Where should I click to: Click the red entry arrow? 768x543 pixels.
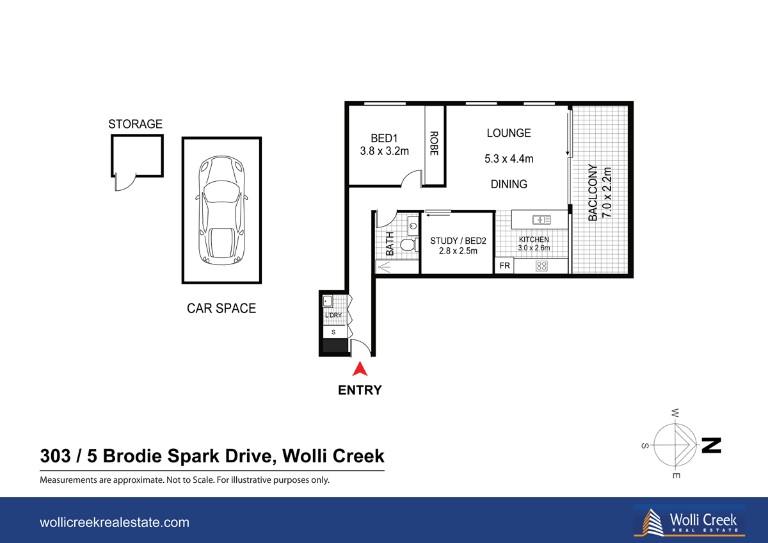pos(360,369)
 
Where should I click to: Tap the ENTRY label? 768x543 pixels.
pos(360,390)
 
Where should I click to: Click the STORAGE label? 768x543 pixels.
pos(135,124)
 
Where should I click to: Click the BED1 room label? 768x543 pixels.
pos(385,138)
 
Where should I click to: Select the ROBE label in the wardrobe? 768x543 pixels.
pos(434,144)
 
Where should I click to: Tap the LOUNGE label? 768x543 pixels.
pos(509,133)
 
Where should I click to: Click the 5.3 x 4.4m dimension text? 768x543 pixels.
pos(509,159)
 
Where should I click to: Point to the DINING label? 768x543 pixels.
pos(509,184)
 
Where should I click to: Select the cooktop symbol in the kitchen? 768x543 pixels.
pos(541,266)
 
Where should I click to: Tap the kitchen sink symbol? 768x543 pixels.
pos(541,219)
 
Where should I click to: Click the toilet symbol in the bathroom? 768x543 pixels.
pos(406,244)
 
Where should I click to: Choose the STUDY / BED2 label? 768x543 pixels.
pos(458,241)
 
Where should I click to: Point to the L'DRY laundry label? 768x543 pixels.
pos(333,316)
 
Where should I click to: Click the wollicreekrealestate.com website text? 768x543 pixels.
pos(115,523)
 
